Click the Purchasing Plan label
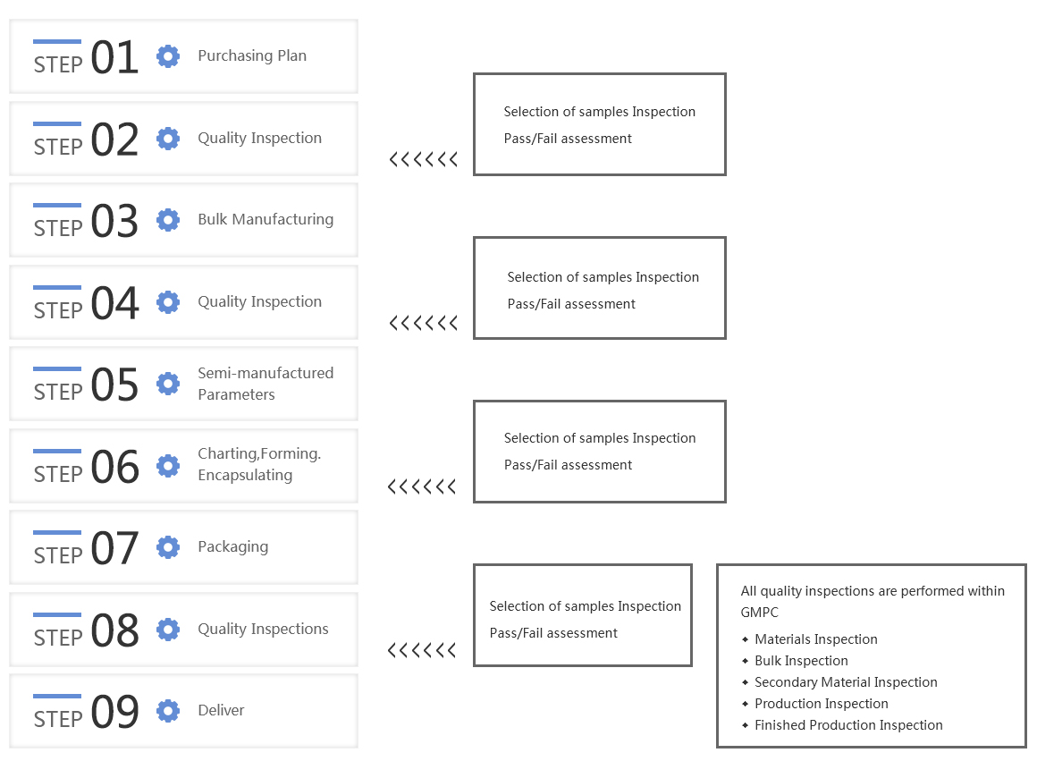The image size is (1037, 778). pyautogui.click(x=252, y=55)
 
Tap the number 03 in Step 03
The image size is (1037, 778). pyautogui.click(x=114, y=221)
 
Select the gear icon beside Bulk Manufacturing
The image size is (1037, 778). pyautogui.click(x=168, y=220)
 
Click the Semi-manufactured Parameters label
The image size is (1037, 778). pyautogui.click(x=266, y=384)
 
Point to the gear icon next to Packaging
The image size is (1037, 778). pyautogui.click(x=168, y=547)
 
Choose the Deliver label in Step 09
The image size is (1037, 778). pyautogui.click(x=221, y=710)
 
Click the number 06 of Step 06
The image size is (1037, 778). pyautogui.click(x=114, y=467)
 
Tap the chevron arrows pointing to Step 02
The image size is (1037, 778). pyautogui.click(x=423, y=159)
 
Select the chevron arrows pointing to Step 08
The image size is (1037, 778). pyautogui.click(x=421, y=650)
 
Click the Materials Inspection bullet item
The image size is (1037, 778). pyautogui.click(x=810, y=639)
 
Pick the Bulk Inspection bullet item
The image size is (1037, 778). pyautogui.click(x=795, y=660)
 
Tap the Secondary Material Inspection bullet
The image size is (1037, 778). pyautogui.click(x=839, y=682)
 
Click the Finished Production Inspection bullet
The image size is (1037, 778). pyautogui.click(x=842, y=725)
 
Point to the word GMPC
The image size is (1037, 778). pyautogui.click(x=759, y=612)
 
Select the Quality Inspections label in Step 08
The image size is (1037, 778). pyautogui.click(x=263, y=629)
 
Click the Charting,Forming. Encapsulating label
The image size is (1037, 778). pyautogui.click(x=259, y=464)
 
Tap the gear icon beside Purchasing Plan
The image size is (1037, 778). pyautogui.click(x=168, y=56)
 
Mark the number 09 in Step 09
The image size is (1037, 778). pyautogui.click(x=114, y=712)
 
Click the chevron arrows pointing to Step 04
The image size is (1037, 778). pyautogui.click(x=423, y=323)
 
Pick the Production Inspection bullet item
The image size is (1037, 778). pyautogui.click(x=814, y=703)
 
